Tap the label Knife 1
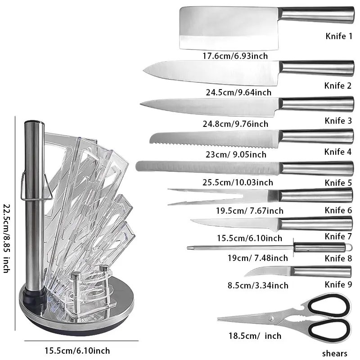pyautogui.click(x=338, y=36)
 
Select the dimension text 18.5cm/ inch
pyautogui.click(x=249, y=336)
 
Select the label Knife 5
pyautogui.click(x=338, y=183)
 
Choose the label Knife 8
pyautogui.click(x=338, y=258)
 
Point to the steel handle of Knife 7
pyautogui.click(x=315, y=224)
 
